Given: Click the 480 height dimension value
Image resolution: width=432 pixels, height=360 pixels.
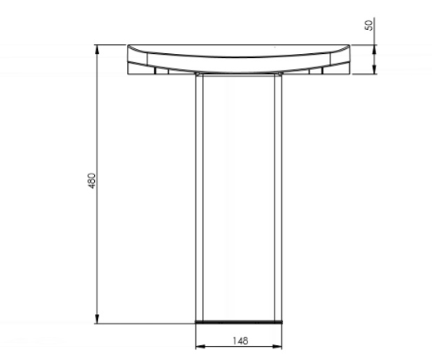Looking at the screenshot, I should (x=92, y=181).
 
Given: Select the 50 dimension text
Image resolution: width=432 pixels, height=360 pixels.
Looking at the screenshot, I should (x=369, y=26).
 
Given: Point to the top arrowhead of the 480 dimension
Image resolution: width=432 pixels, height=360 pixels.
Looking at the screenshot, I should (x=99, y=48).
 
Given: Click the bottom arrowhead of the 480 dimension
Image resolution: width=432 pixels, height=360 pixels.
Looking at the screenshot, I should (x=99, y=320).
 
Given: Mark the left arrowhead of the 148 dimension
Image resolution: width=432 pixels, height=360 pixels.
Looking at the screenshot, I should (x=199, y=347).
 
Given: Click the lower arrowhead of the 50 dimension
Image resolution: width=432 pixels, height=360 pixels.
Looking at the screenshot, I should (x=375, y=70).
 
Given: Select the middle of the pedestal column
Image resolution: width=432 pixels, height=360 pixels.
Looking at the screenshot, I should (x=239, y=195).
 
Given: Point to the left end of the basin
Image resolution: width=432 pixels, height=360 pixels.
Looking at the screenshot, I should (x=130, y=60).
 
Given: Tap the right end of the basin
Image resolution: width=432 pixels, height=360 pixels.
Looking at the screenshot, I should (x=350, y=60).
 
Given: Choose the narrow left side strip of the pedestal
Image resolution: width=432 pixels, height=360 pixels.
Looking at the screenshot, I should (x=199, y=195).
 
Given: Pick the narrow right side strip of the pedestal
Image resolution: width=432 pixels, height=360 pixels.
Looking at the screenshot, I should (x=279, y=195).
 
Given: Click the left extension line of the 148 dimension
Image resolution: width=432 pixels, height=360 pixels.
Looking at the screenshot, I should (x=195, y=337).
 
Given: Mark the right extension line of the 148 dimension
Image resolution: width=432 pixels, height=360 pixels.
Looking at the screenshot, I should (x=283, y=337).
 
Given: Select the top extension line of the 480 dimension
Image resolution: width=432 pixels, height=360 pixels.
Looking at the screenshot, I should (x=112, y=44).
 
